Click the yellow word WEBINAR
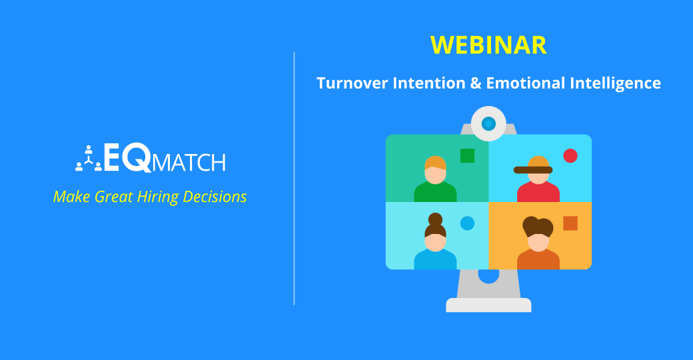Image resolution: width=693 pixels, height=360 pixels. point(488,45)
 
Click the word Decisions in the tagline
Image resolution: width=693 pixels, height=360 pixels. point(217,197)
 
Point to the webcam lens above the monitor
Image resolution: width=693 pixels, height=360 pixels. point(488,123)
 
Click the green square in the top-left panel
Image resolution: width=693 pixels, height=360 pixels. point(467,155)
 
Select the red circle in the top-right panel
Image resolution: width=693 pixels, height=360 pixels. point(570,155)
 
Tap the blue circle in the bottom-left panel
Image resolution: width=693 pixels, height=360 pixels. point(467,223)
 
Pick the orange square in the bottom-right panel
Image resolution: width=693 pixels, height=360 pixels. point(570,223)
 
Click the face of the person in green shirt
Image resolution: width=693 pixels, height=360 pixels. point(435,175)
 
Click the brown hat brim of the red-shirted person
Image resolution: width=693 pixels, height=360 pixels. point(533,170)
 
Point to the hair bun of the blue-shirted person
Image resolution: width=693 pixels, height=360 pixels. point(435,219)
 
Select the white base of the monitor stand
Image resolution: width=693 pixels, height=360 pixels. point(488,305)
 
